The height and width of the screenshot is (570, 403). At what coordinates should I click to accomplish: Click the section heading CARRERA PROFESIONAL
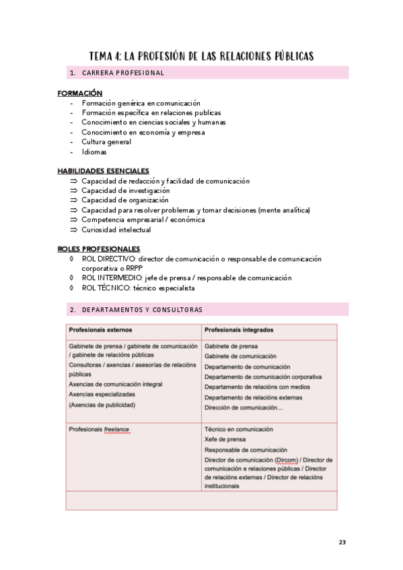pyautogui.click(x=123, y=73)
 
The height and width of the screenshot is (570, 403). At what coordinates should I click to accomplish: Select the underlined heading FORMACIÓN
pyautogui.click(x=80, y=93)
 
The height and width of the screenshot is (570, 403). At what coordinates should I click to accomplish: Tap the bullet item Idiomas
pyautogui.click(x=94, y=152)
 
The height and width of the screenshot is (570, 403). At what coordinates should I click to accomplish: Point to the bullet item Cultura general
pyautogui.click(x=106, y=142)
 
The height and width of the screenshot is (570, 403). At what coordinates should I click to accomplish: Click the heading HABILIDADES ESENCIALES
pyautogui.click(x=104, y=171)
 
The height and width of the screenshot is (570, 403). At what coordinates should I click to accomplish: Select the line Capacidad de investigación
pyautogui.click(x=126, y=190)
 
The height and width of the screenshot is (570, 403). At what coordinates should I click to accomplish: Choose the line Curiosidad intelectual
pyautogui.click(x=116, y=229)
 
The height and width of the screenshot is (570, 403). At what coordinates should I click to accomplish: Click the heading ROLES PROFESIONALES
pyautogui.click(x=99, y=249)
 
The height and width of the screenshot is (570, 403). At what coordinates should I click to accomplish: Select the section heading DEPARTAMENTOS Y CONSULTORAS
pyautogui.click(x=142, y=310)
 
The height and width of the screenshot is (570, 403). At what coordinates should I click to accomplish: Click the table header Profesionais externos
pyautogui.click(x=100, y=330)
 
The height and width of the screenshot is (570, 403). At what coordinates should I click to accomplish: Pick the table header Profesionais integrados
pyautogui.click(x=239, y=330)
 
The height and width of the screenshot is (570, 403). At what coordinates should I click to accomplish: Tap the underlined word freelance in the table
pyautogui.click(x=116, y=429)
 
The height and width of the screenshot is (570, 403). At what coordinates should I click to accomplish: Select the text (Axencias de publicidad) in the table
pyautogui.click(x=102, y=405)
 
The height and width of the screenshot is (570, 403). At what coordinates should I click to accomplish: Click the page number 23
pyautogui.click(x=342, y=542)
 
